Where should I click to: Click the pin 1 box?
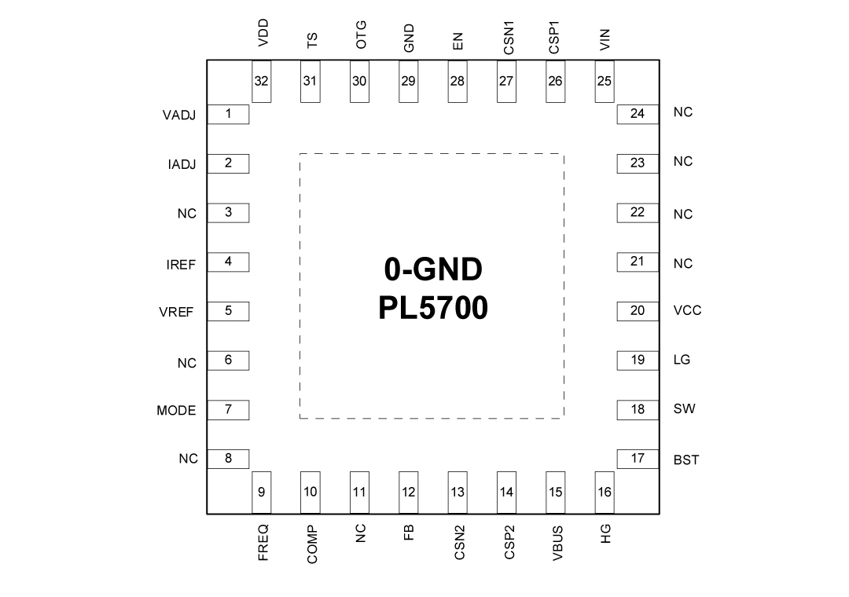[228, 115]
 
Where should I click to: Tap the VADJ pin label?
[179, 115]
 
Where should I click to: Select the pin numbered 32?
[262, 82]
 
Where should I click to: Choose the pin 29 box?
[409, 82]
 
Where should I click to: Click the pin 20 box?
[637, 311]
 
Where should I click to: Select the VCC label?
[687, 310]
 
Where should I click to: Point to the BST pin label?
[686, 460]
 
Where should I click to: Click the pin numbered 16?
[605, 493]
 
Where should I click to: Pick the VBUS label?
[557, 543]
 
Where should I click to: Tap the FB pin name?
[409, 533]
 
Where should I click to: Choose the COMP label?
[312, 544]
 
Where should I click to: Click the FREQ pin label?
[263, 542]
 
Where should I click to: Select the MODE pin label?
[176, 410]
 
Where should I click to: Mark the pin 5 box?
[228, 311]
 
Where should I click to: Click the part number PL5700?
[432, 307]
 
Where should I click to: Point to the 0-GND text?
[432, 269]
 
